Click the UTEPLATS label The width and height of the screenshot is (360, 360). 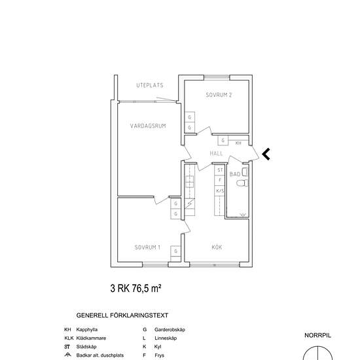(x=150, y=85)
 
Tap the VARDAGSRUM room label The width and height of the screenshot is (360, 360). (x=148, y=126)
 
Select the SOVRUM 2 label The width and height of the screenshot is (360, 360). (x=219, y=95)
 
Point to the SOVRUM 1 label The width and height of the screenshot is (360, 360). (x=147, y=247)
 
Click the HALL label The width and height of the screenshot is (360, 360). (x=216, y=153)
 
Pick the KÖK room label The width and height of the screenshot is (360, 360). (x=217, y=247)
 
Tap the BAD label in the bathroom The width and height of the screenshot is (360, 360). (x=235, y=174)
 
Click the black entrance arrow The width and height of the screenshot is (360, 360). (x=266, y=154)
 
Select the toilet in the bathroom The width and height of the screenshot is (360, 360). (x=242, y=183)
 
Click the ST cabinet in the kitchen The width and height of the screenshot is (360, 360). (x=219, y=170)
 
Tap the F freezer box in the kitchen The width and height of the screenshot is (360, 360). (x=219, y=180)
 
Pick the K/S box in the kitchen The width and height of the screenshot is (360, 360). (x=219, y=190)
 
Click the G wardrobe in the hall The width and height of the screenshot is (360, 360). (x=223, y=140)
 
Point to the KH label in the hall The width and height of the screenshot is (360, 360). (x=238, y=143)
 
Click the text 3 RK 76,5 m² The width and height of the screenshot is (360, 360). (x=135, y=289)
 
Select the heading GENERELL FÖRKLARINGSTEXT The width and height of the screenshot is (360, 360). (x=122, y=315)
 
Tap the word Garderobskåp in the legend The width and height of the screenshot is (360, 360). (x=170, y=330)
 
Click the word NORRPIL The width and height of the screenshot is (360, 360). (x=317, y=335)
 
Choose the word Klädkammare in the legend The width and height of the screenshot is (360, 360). (x=91, y=338)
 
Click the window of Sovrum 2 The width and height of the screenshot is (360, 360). (x=217, y=77)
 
